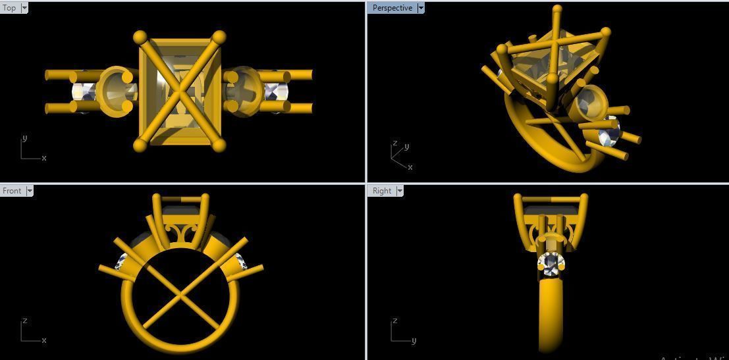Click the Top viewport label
(10, 8)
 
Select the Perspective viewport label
(392, 8)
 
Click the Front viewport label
(12, 191)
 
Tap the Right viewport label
(382, 191)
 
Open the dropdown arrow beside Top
(24, 8)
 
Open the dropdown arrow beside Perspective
(421, 8)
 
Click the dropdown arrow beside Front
(29, 191)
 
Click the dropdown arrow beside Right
(399, 191)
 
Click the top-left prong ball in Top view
(140, 37)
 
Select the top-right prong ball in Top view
(219, 37)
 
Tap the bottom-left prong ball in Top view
(140, 145)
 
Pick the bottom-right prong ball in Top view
(219, 145)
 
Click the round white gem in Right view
(551, 264)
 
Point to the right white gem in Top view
(276, 91)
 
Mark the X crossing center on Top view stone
(180, 91)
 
